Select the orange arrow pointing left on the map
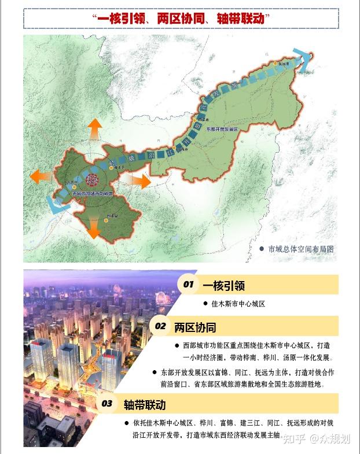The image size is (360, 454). (x=41, y=176)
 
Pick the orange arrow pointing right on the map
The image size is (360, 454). (x=141, y=180)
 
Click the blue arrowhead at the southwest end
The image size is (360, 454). (x=54, y=202)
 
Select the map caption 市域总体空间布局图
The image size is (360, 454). (x=301, y=249)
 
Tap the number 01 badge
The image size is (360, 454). (x=188, y=285)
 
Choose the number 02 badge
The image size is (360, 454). (x=160, y=326)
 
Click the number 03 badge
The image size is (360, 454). (x=107, y=403)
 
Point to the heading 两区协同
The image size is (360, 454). (x=195, y=327)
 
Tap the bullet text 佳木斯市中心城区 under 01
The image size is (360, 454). (x=237, y=304)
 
